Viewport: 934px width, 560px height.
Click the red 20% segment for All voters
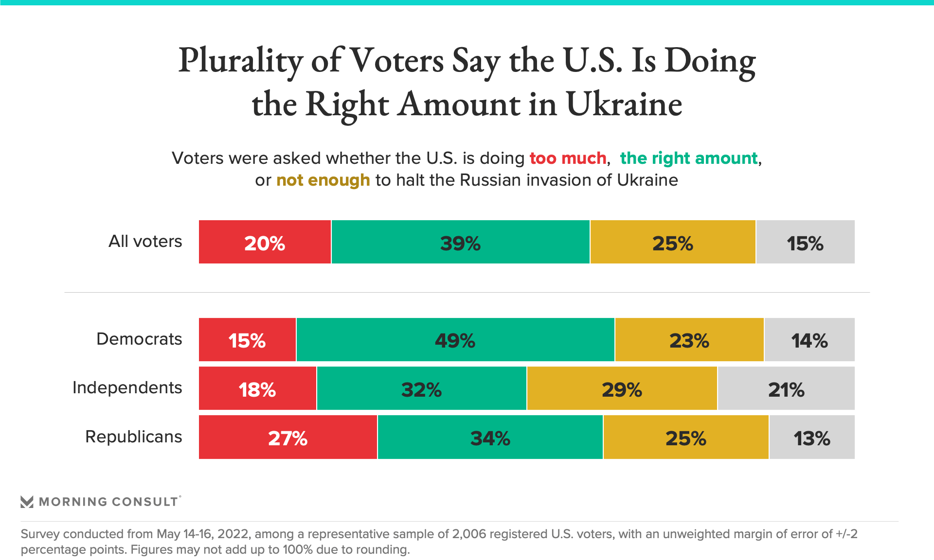[265, 242]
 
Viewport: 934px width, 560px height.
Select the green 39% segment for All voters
[460, 242]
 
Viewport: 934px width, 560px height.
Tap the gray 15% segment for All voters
[805, 242]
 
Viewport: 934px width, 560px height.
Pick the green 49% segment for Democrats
[455, 340]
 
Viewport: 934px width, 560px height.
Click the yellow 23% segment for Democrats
[689, 340]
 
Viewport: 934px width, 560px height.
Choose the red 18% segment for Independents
[257, 388]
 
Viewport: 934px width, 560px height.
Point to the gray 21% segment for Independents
[786, 388]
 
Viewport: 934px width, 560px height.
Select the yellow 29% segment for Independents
[622, 388]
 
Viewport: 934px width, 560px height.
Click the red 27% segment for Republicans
[287, 437]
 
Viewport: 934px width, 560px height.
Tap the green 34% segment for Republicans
[490, 437]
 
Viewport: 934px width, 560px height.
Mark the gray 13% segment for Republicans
[811, 437]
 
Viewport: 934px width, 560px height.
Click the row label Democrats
[139, 339]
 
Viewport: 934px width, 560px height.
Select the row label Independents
[127, 387]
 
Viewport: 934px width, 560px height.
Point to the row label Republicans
[133, 437]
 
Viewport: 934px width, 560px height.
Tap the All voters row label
[145, 241]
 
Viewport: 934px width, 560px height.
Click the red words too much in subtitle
[568, 158]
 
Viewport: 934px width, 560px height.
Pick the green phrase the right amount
[688, 158]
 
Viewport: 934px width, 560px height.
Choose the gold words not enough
[323, 180]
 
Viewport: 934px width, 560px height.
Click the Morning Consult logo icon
[27, 502]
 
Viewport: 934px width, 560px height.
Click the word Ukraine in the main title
[624, 104]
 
